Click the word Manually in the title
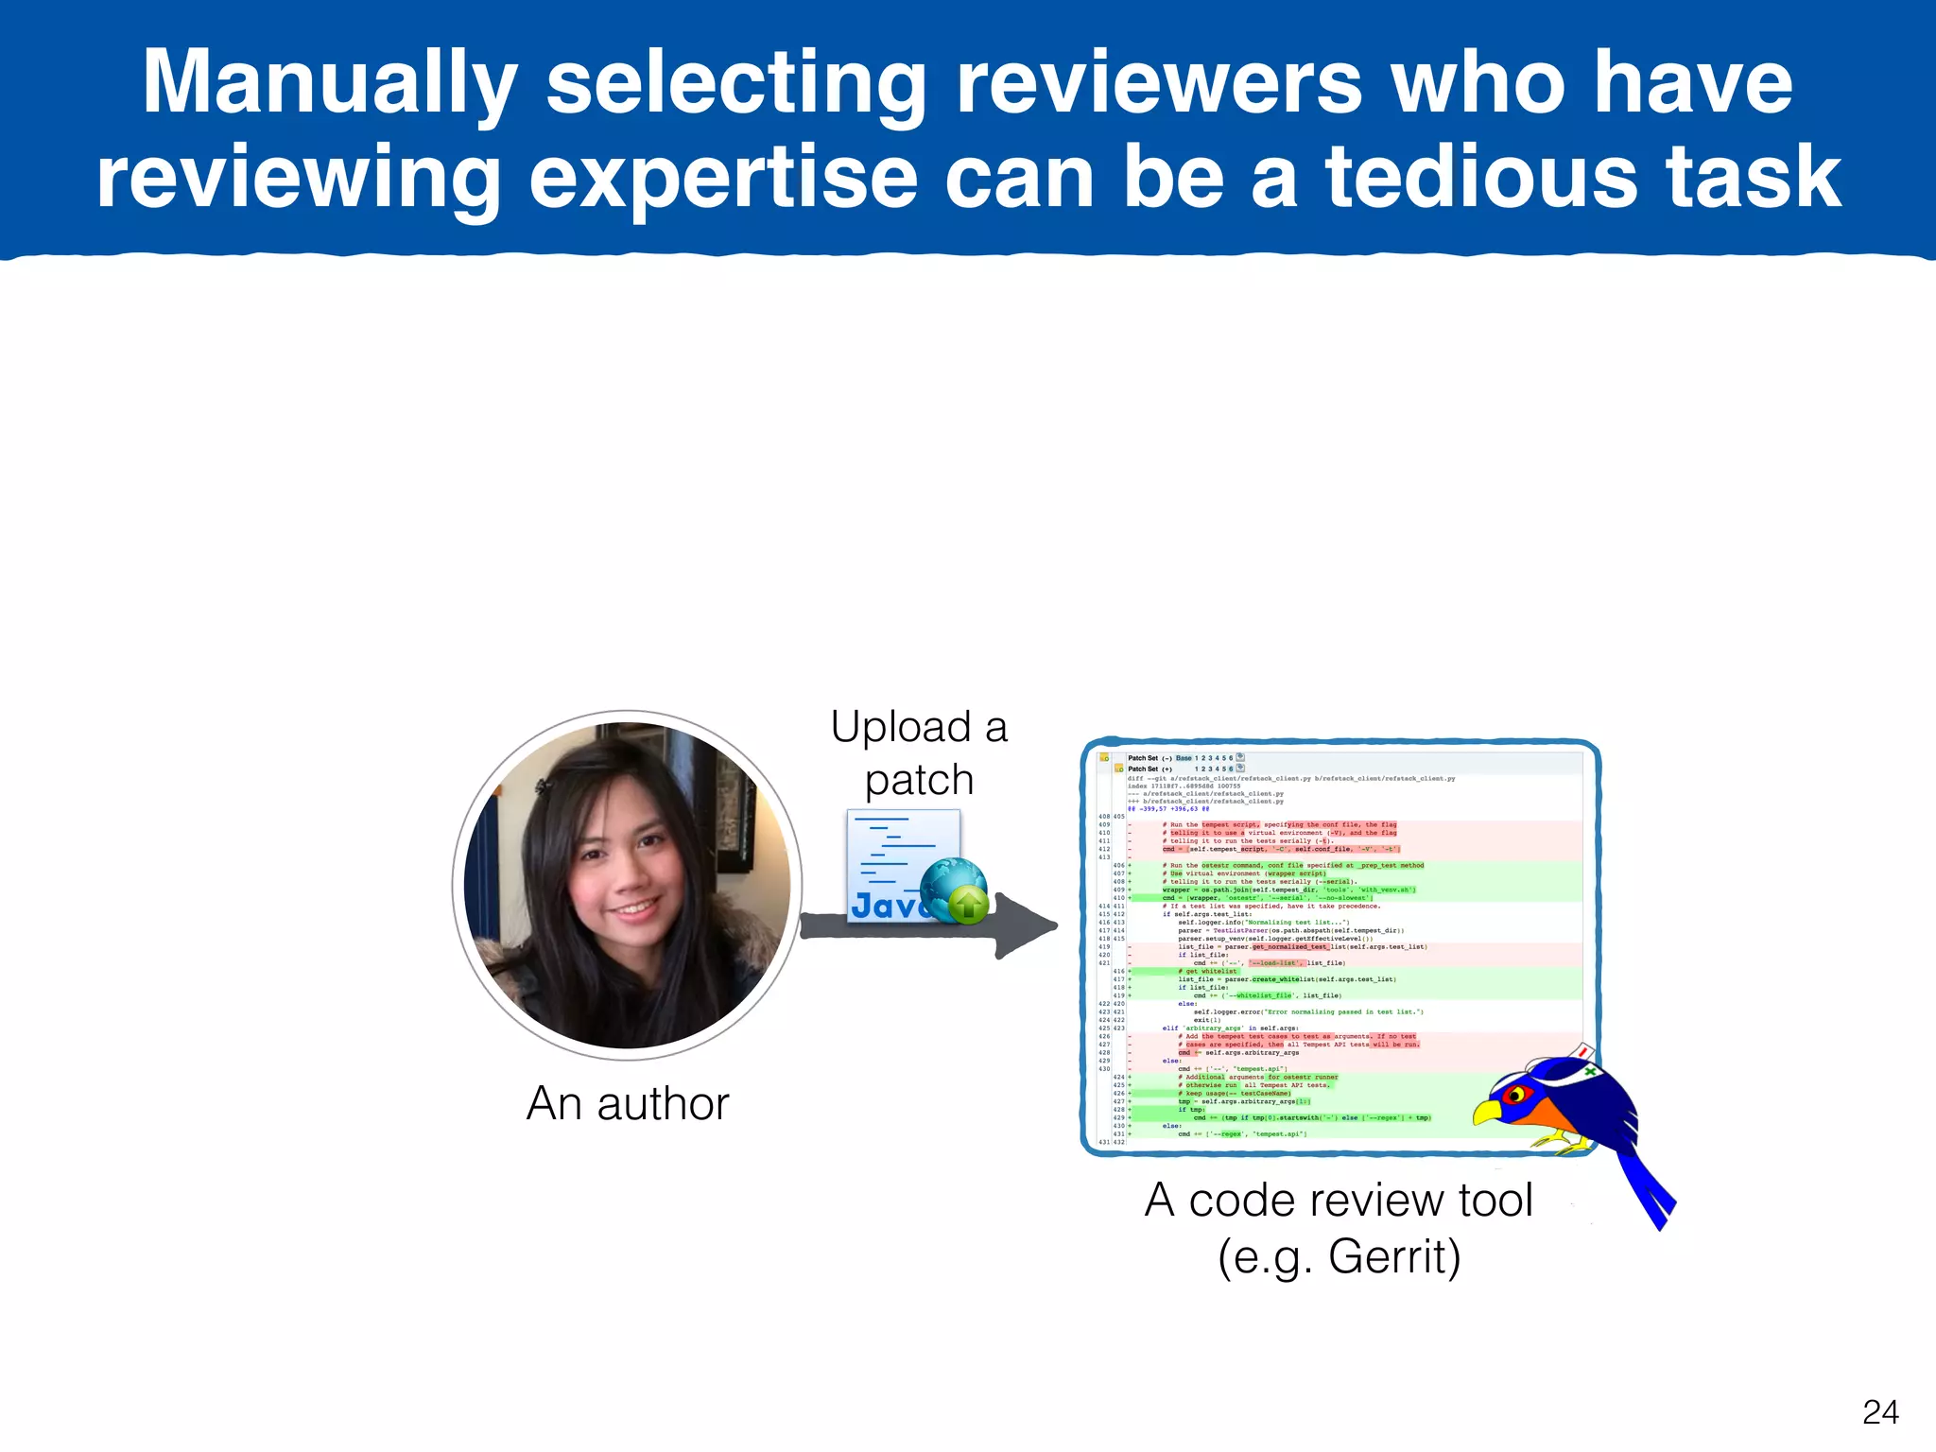(329, 83)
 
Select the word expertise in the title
(723, 178)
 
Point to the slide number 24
(1880, 1412)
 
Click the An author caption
(628, 1103)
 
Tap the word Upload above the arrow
(900, 728)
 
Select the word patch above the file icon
(919, 781)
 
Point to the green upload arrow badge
(968, 905)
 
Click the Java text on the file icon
(884, 906)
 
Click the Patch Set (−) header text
(1149, 758)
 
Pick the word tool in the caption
(1495, 1201)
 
